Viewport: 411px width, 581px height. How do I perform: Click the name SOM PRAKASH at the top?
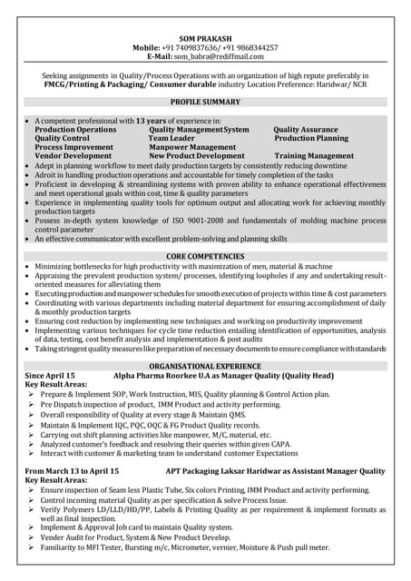205,38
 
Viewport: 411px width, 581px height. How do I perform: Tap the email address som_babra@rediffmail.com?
223,55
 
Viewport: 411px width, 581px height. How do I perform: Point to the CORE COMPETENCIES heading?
205,257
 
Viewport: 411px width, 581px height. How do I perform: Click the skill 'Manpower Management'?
192,147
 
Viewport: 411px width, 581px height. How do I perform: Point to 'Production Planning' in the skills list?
311,138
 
